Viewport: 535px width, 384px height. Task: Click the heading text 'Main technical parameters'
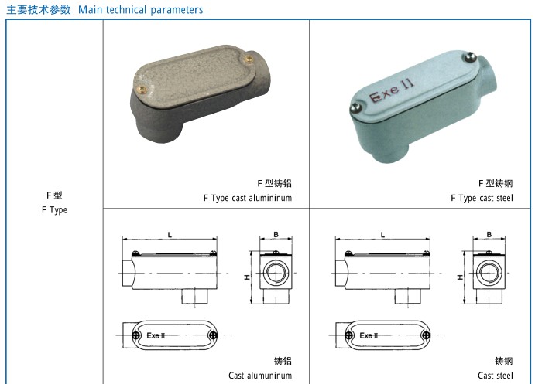coord(141,10)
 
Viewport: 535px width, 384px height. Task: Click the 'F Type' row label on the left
coord(54,209)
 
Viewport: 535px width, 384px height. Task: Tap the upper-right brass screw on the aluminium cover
coord(249,59)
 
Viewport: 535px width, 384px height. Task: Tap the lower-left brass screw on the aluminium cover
coord(142,90)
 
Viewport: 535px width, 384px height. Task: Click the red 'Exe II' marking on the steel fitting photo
coord(392,90)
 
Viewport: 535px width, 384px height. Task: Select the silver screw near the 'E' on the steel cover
coord(356,107)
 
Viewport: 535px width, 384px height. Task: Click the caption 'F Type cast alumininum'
coord(248,198)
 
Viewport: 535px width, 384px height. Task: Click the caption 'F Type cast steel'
coord(482,198)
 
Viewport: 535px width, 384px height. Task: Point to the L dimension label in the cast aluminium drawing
coord(170,235)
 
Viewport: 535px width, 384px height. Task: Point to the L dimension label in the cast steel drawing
coord(382,235)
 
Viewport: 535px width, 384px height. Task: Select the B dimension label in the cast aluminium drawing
coord(276,234)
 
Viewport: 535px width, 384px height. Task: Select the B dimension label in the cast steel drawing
coord(489,234)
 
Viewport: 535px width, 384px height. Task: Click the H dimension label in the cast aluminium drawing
coord(246,277)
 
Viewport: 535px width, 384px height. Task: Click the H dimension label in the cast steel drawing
coord(460,277)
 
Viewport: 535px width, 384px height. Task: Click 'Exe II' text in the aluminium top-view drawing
coord(156,335)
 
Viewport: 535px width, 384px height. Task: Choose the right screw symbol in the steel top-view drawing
coord(426,335)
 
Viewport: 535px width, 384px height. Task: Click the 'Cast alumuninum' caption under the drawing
coord(260,376)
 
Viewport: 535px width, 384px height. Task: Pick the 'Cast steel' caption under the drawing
coord(496,376)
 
